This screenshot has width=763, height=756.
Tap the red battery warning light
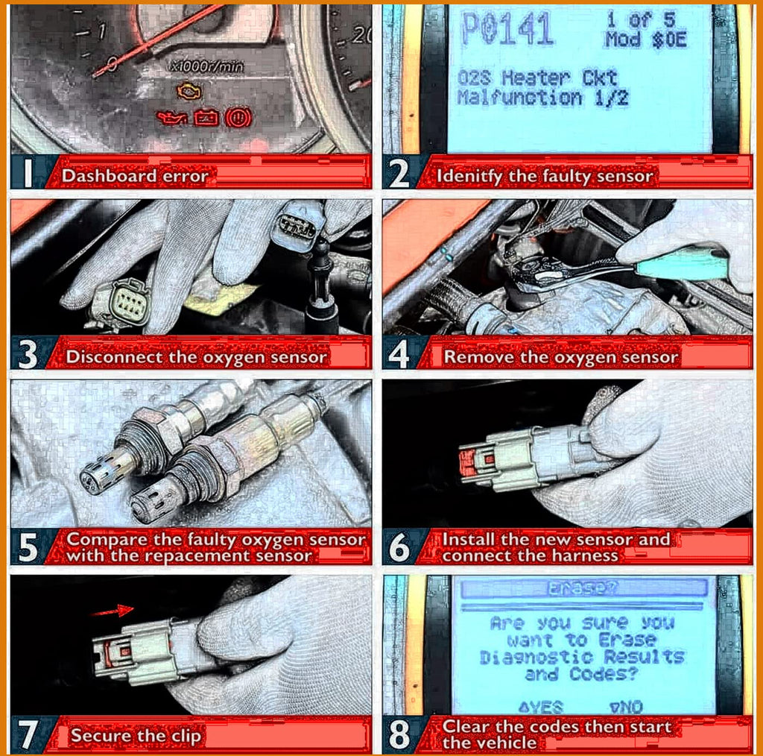tap(206, 118)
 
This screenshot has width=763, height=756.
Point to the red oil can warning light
tap(172, 118)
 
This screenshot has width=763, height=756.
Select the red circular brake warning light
tap(238, 118)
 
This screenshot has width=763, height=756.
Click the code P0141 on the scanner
tap(507, 29)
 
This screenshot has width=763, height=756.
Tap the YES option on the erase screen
tap(541, 707)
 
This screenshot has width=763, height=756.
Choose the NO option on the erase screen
tap(626, 707)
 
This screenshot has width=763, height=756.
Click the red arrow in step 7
tap(113, 611)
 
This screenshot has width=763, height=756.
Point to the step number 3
tap(28, 354)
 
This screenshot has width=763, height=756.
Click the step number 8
tap(399, 734)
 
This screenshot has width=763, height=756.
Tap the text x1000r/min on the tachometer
tap(206, 66)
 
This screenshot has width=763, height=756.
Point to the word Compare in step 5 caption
tap(108, 540)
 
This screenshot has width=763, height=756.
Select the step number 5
tap(28, 548)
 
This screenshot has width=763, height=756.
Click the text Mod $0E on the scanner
tap(645, 40)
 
